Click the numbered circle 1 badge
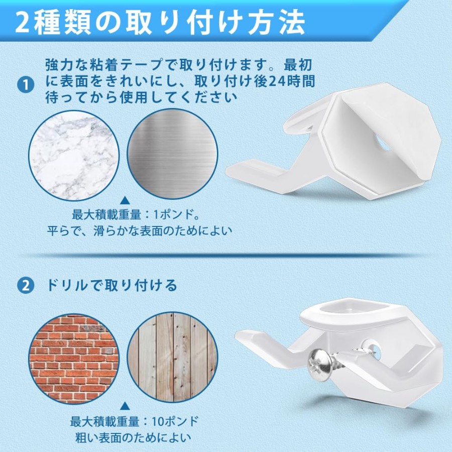(x=26, y=85)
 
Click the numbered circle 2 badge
(x=26, y=286)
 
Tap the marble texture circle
(x=74, y=155)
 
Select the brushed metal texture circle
(x=172, y=154)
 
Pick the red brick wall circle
(x=74, y=358)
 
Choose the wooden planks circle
(x=172, y=358)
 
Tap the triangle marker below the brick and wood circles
(x=124, y=406)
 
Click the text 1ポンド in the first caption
(x=177, y=215)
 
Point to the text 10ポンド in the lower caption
(x=175, y=422)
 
